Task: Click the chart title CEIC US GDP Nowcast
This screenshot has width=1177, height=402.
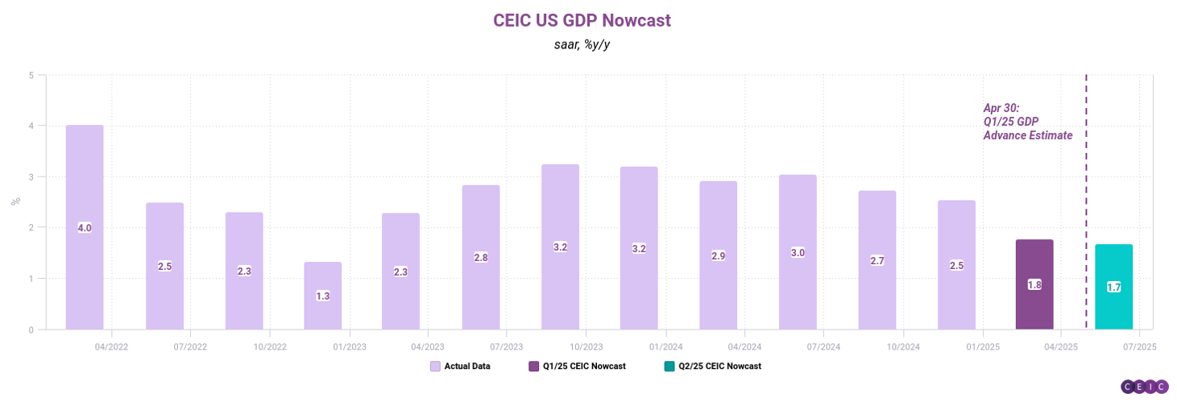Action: pyautogui.click(x=581, y=21)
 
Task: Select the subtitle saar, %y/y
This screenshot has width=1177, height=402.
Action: pyautogui.click(x=581, y=45)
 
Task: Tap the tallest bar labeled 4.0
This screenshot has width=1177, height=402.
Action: pyautogui.click(x=85, y=227)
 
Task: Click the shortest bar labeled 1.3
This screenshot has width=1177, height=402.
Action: pyautogui.click(x=322, y=296)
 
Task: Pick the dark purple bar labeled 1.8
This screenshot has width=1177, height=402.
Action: pyautogui.click(x=1034, y=284)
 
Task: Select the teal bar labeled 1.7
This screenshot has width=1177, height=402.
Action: pyautogui.click(x=1113, y=287)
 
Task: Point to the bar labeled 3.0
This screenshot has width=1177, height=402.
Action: pyautogui.click(x=798, y=252)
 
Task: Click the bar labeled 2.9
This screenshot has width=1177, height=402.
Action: pyautogui.click(x=718, y=255)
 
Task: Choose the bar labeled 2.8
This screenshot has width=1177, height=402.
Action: pyautogui.click(x=481, y=257)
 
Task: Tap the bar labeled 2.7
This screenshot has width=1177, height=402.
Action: pyautogui.click(x=877, y=260)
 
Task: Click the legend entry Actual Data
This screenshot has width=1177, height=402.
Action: pyautogui.click(x=460, y=366)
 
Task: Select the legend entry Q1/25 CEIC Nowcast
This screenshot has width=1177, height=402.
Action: pyautogui.click(x=577, y=366)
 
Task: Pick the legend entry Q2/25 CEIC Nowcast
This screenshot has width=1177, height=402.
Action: pyautogui.click(x=712, y=366)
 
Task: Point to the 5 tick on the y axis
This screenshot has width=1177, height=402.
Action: pyautogui.click(x=31, y=75)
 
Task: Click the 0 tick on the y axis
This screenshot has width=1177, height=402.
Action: pyautogui.click(x=31, y=329)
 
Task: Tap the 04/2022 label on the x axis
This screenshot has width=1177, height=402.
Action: pyautogui.click(x=110, y=347)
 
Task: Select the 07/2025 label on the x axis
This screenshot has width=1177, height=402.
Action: pyautogui.click(x=1139, y=347)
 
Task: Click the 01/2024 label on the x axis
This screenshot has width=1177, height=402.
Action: pyautogui.click(x=665, y=347)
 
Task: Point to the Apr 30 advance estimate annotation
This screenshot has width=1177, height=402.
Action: pyautogui.click(x=1027, y=122)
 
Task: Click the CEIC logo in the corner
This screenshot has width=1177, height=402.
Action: pyautogui.click(x=1144, y=387)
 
